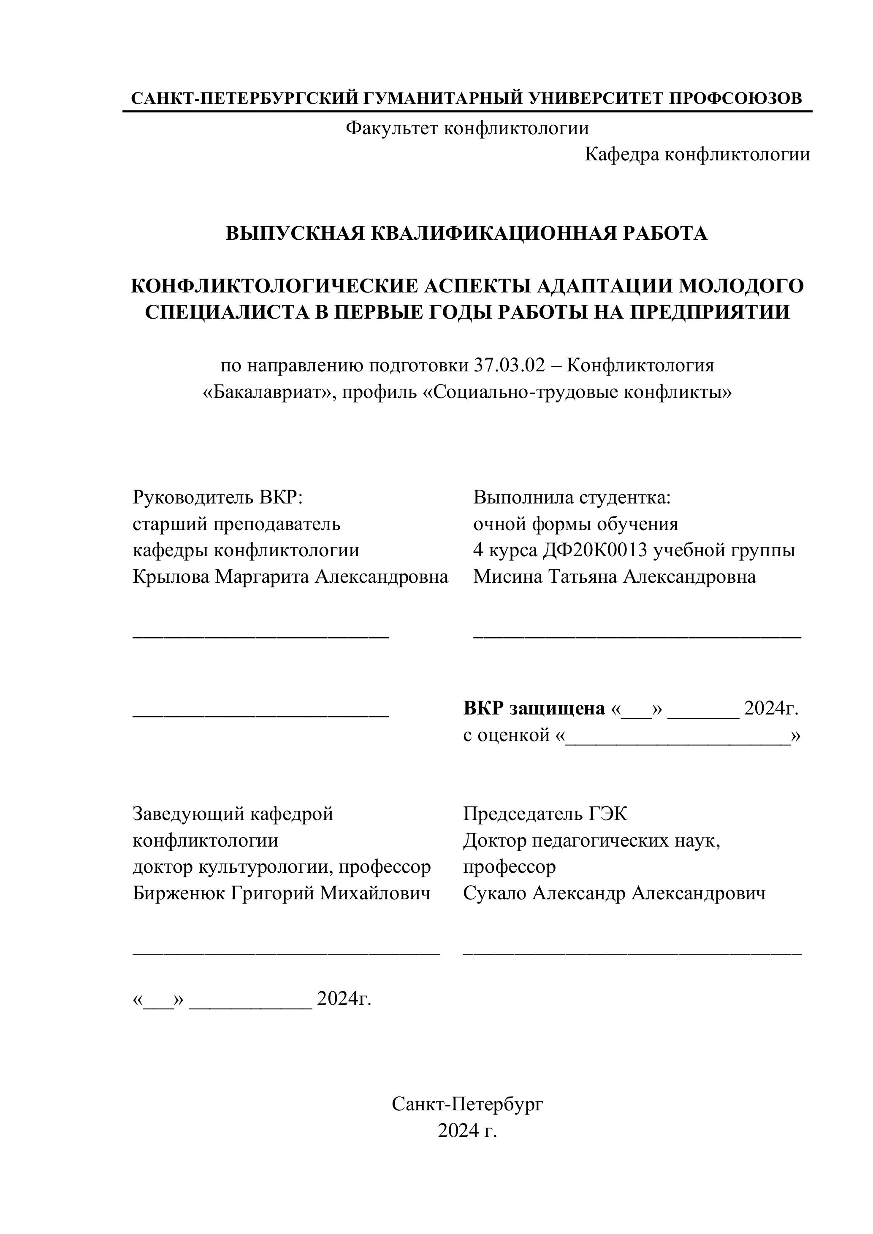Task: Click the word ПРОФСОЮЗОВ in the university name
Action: click(735, 98)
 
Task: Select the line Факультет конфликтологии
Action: click(467, 128)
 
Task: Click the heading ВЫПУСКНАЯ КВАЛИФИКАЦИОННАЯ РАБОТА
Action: click(466, 233)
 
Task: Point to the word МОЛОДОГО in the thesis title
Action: click(741, 286)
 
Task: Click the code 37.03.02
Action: click(509, 365)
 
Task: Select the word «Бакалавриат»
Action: click(267, 392)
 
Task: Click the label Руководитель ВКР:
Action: click(218, 498)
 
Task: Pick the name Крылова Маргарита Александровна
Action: click(290, 576)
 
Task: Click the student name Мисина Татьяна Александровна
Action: click(614, 576)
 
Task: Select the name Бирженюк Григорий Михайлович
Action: click(281, 893)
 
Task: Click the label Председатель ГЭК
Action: click(545, 814)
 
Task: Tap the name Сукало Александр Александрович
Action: click(614, 893)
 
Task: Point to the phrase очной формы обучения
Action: click(575, 524)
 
